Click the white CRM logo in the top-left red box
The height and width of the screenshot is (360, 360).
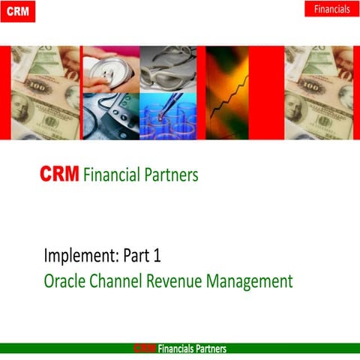17,11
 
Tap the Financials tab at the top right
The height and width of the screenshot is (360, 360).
331,9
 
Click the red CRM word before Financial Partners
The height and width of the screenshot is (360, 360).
60,175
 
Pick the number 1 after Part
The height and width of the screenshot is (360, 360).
156,256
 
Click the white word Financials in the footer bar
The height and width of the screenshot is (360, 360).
175,349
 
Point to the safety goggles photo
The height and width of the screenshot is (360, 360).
169,68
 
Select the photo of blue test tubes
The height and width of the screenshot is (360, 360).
169,115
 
